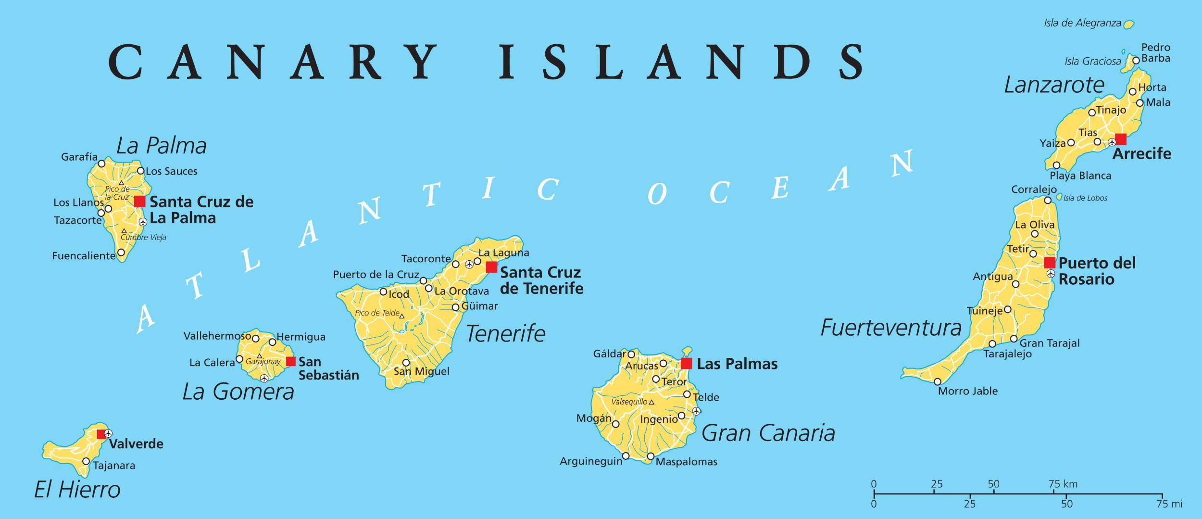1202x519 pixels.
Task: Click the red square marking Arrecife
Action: pyautogui.click(x=1120, y=139)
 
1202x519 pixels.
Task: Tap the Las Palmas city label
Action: pyautogui.click(x=737, y=364)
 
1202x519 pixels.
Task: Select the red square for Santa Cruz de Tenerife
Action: pyautogui.click(x=491, y=267)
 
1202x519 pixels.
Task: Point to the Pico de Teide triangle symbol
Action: pyautogui.click(x=402, y=316)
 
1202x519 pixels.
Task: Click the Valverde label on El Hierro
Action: pyautogui.click(x=136, y=443)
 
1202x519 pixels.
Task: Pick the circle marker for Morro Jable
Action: pyautogui.click(x=938, y=382)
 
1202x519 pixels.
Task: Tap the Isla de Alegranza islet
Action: pyautogui.click(x=1129, y=25)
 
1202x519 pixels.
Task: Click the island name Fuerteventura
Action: pyautogui.click(x=891, y=328)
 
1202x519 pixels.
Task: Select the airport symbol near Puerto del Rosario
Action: pyautogui.click(x=1051, y=274)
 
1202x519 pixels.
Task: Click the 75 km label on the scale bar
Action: pyautogui.click(x=1063, y=484)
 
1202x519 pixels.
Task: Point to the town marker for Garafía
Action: pyautogui.click(x=101, y=164)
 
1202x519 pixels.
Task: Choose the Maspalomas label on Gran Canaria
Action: pyautogui.click(x=686, y=462)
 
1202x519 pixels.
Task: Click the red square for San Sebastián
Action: pyautogui.click(x=291, y=361)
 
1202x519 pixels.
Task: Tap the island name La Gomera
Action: pyautogui.click(x=238, y=392)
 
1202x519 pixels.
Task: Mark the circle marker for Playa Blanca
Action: pyautogui.click(x=1056, y=165)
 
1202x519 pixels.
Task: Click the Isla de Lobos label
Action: pyautogui.click(x=1085, y=198)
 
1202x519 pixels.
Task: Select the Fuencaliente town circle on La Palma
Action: pyautogui.click(x=121, y=253)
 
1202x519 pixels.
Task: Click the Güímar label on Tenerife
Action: pyautogui.click(x=479, y=306)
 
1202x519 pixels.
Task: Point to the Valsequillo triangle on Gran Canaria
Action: pyautogui.click(x=651, y=402)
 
